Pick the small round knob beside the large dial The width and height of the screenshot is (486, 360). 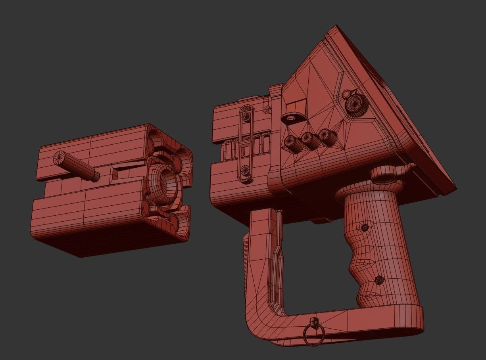346,94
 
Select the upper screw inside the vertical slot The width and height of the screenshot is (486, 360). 246,115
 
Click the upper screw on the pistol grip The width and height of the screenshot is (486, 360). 364,228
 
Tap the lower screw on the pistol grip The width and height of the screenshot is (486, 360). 378,280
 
